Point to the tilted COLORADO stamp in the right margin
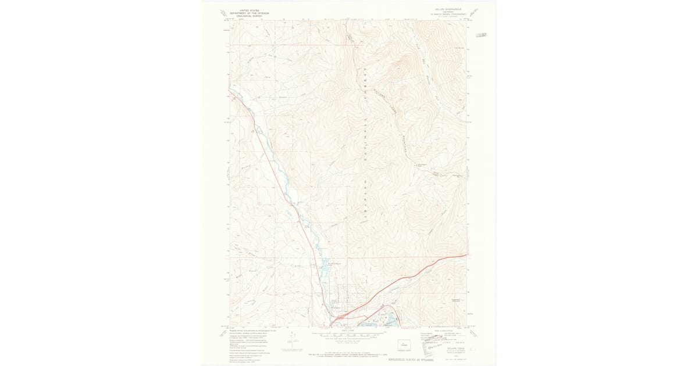click(x=480, y=36)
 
